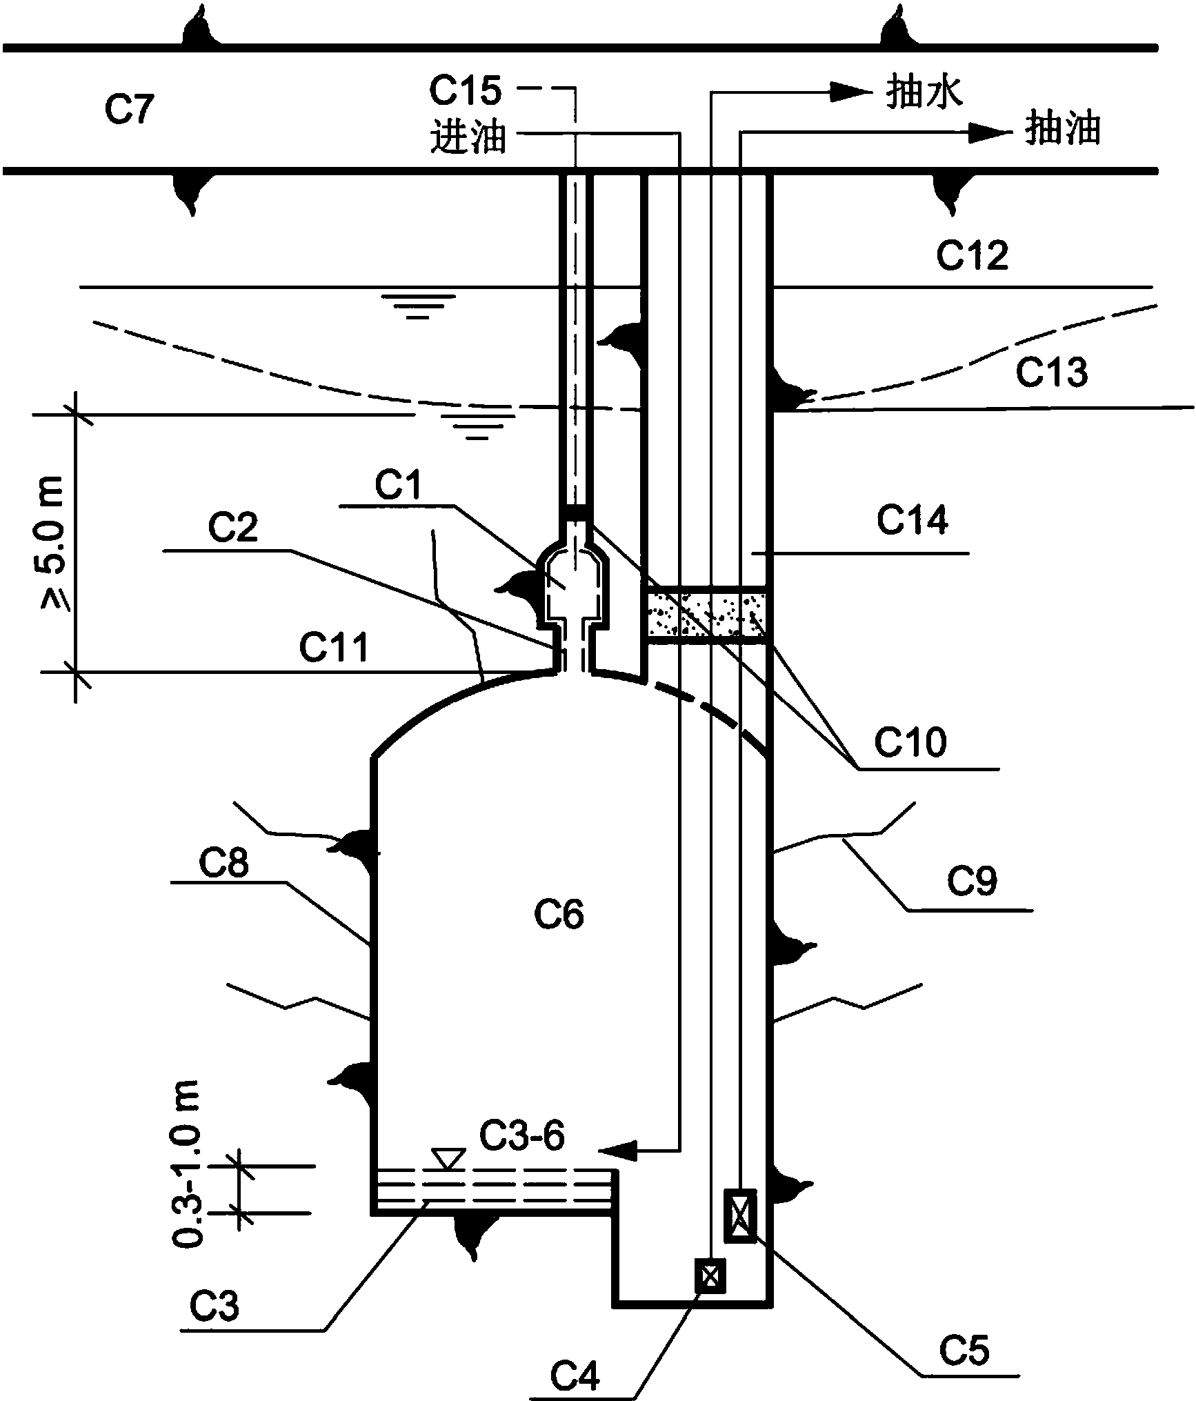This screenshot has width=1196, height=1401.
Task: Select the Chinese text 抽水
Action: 924,92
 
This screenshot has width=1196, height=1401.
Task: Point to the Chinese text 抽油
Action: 1062,130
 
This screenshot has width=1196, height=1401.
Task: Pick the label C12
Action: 972,256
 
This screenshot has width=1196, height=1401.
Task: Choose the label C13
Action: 1051,372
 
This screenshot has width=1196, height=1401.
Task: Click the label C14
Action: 912,520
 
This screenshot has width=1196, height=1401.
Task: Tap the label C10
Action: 910,743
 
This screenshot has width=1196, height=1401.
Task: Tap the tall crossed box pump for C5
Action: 739,1216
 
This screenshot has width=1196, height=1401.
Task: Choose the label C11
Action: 334,648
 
